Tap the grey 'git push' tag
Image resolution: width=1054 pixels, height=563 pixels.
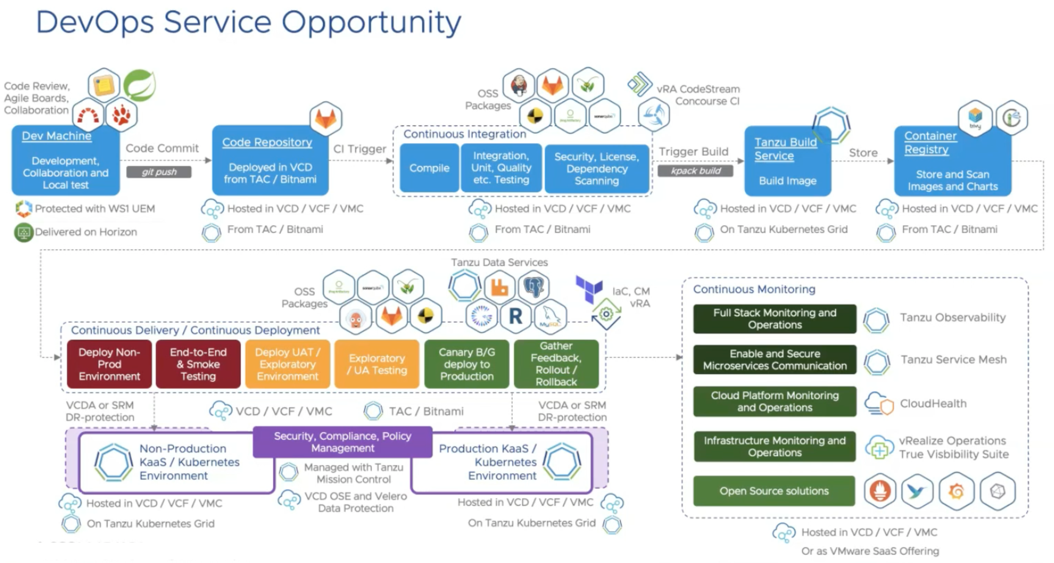tap(159, 172)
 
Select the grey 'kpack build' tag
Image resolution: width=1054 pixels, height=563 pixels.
tap(695, 171)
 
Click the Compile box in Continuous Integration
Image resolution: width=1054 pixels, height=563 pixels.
tap(429, 168)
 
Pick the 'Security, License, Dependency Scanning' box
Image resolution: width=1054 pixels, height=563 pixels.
tap(597, 168)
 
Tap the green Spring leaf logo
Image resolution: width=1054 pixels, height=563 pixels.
tap(140, 85)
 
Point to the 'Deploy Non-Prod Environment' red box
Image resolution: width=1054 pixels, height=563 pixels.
tap(109, 364)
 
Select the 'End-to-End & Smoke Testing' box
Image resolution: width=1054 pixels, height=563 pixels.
tap(198, 364)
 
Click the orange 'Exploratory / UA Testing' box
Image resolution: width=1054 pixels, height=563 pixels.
tap(377, 364)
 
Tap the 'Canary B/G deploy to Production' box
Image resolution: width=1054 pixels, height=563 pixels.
tap(466, 364)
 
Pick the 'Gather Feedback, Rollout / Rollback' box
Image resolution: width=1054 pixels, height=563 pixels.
tap(556, 364)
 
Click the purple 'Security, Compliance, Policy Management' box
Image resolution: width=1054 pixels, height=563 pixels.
tap(342, 442)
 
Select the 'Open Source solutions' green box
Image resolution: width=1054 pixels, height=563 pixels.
tap(774, 491)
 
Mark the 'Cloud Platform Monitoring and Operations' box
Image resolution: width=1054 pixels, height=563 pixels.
tap(775, 401)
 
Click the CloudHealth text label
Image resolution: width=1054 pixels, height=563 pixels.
tap(933, 403)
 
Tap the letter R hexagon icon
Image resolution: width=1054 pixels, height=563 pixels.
tap(516, 316)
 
